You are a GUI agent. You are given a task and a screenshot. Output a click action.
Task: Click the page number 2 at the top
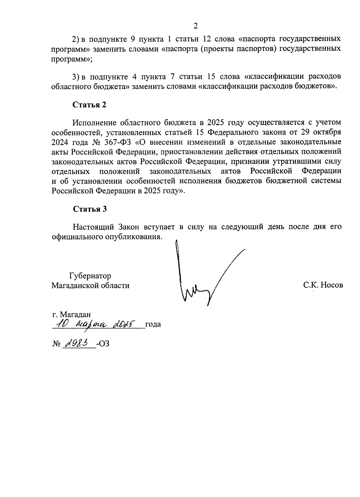pos(196,26)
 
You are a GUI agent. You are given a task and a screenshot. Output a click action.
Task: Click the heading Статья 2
pos(89,105)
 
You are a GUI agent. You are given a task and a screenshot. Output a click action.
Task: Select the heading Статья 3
pos(90,209)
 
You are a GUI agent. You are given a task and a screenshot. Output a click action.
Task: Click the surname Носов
pos(331,285)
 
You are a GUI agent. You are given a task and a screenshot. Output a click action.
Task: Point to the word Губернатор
pos(90,276)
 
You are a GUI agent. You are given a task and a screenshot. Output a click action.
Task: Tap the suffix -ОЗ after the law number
pos(103,344)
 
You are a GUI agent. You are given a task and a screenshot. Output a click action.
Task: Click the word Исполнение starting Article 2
pos(94,122)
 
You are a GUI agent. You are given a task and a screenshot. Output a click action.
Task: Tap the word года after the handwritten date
pos(153,324)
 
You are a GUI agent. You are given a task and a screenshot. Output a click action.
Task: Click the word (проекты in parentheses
pos(216,49)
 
